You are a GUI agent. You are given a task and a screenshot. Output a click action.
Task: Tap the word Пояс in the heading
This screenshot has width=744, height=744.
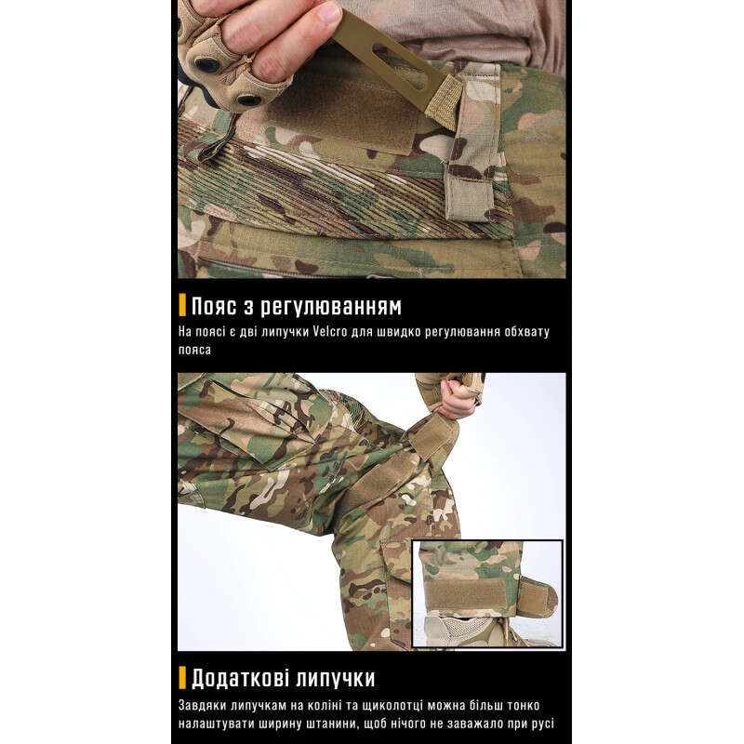pyautogui.click(x=214, y=306)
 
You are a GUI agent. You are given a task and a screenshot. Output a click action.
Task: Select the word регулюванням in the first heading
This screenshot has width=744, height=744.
pyautogui.click(x=331, y=308)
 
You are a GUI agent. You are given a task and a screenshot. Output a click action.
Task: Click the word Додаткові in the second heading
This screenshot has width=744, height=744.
pyautogui.click(x=240, y=678)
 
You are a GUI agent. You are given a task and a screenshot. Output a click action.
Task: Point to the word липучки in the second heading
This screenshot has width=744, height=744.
pyautogui.click(x=335, y=679)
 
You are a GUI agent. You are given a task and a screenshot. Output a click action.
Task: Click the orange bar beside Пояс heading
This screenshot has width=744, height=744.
pyautogui.click(x=182, y=305)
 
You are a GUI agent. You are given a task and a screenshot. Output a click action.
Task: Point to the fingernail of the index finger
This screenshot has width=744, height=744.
pyautogui.click(x=329, y=12)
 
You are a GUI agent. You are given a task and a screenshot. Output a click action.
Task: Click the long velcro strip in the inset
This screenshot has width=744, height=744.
pyautogui.click(x=465, y=593)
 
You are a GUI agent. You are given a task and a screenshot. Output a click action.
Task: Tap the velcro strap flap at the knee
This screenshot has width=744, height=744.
pyautogui.click(x=432, y=437)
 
